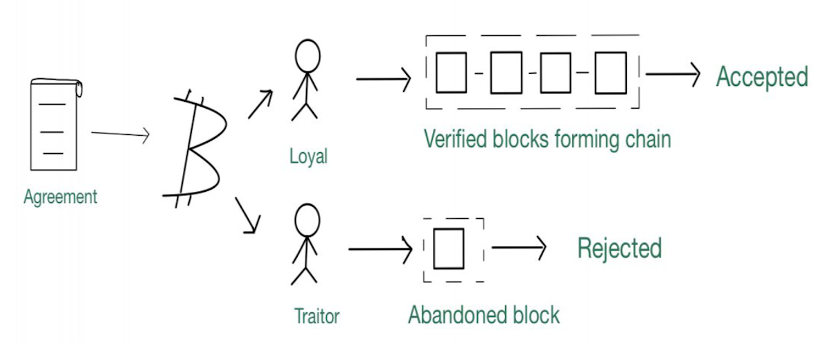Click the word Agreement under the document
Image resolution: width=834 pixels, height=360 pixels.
tap(60, 197)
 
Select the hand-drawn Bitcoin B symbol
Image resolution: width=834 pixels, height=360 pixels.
tap(195, 149)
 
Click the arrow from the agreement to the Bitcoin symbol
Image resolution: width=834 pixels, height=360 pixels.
tap(121, 134)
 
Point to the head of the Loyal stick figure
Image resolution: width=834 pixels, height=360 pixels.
tap(308, 56)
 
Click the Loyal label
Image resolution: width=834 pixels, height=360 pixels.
tap(308, 156)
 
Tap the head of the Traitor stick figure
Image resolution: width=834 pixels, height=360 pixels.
tap(307, 220)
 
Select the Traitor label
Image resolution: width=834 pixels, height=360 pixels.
tap(317, 316)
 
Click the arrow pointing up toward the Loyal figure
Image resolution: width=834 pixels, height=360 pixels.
tap(260, 105)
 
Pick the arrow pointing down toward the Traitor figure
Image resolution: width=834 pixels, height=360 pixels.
tap(248, 216)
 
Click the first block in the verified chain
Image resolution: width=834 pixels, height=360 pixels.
tap(451, 73)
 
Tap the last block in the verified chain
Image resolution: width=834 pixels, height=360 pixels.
tap(611, 73)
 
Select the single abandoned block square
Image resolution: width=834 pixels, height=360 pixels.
tap(449, 249)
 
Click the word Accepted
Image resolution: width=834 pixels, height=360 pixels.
tap(762, 77)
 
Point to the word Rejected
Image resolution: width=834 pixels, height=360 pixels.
tap(619, 248)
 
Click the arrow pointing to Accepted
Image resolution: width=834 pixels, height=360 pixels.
tap(673, 74)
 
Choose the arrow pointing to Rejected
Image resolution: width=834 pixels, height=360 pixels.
tap(519, 248)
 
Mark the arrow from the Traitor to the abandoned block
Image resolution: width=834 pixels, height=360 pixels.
tap(380, 249)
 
